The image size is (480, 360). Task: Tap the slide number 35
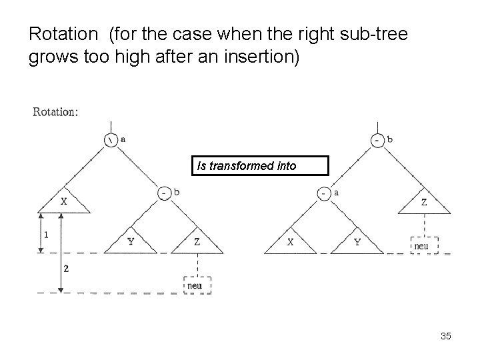[446, 337]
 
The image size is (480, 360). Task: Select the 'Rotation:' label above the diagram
[55, 111]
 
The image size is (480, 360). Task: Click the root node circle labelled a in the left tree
[110, 140]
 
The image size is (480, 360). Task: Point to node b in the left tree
[164, 193]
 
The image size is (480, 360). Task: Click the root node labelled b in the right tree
[378, 140]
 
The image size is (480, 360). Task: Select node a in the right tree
[324, 193]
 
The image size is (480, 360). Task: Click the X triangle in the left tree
[64, 203]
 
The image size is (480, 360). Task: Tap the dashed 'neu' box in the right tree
[423, 245]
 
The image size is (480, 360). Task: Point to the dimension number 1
[46, 235]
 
